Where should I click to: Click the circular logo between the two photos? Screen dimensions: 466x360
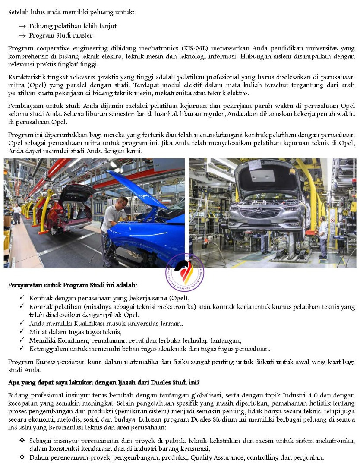[x=185, y=272]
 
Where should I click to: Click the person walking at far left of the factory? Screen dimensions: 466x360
[x=17, y=213]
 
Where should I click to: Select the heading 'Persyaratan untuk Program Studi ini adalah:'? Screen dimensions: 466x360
[x=73, y=286]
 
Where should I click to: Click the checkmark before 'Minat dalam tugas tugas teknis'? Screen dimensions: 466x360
[x=22, y=331]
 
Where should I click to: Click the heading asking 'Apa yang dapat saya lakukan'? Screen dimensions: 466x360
[x=104, y=382]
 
